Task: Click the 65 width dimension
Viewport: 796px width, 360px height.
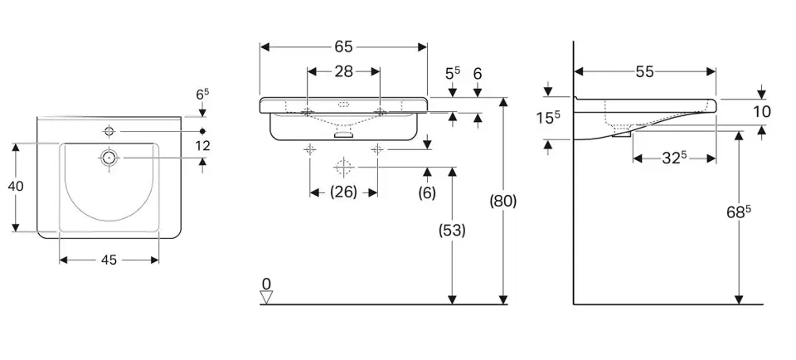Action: pyautogui.click(x=344, y=46)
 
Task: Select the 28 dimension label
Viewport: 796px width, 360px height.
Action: pyautogui.click(x=344, y=71)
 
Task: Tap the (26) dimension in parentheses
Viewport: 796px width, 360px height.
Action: pyautogui.click(x=343, y=192)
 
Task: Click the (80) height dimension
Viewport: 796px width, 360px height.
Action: pyautogui.click(x=503, y=201)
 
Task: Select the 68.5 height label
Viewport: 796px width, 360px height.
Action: pyautogui.click(x=737, y=212)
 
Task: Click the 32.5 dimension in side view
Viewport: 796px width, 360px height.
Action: pyautogui.click(x=674, y=158)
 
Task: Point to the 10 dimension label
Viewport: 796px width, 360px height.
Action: pyautogui.click(x=762, y=111)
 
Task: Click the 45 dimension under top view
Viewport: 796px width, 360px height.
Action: pyautogui.click(x=109, y=260)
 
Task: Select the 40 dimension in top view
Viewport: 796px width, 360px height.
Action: pyautogui.click(x=15, y=186)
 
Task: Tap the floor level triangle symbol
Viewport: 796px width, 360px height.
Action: pyautogui.click(x=266, y=298)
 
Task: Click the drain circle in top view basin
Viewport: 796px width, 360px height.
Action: pyautogui.click(x=108, y=157)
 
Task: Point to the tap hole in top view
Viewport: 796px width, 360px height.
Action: pyautogui.click(x=109, y=132)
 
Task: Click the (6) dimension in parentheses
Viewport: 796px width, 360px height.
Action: pyautogui.click(x=427, y=192)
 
